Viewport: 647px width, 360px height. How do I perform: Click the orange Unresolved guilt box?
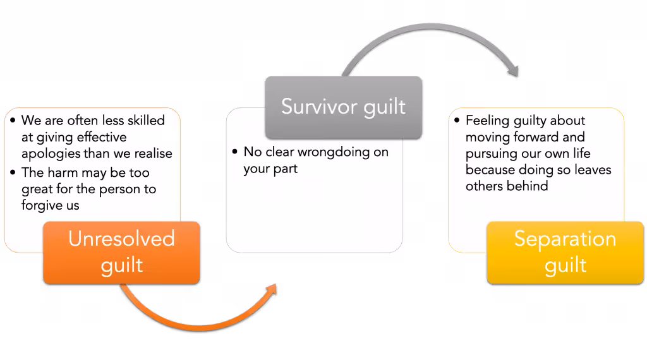tap(121, 253)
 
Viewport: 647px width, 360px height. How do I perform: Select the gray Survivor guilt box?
tap(343, 107)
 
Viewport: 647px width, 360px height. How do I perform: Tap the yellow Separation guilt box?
tap(565, 253)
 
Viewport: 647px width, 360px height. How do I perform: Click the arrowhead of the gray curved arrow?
tap(513, 70)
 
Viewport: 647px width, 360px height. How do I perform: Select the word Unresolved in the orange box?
tap(121, 239)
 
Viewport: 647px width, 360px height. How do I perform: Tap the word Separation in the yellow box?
tap(565, 239)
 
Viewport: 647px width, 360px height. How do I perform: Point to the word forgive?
tap(42, 205)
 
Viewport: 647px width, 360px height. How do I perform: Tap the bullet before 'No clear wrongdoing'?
tap(235, 152)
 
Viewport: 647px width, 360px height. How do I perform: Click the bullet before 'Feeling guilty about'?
tap(457, 121)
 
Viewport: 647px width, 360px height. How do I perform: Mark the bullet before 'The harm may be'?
tap(13, 172)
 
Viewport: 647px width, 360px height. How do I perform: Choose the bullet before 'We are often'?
tap(13, 121)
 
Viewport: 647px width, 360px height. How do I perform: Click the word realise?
tap(154, 153)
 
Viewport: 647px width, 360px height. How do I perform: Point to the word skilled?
tap(146, 121)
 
